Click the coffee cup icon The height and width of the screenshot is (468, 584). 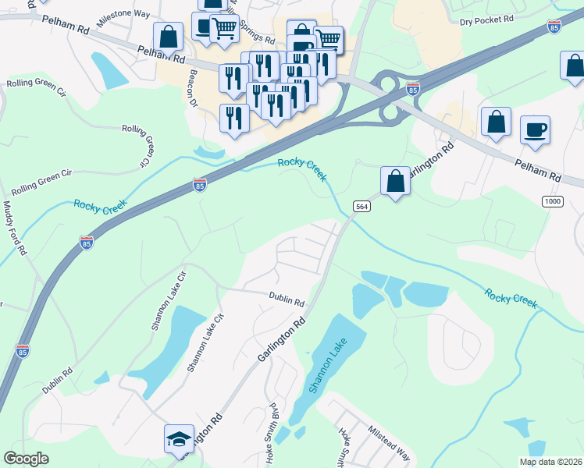coord(535,129)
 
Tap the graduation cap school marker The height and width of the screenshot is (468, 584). coord(179,439)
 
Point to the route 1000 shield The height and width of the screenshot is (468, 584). coord(553,201)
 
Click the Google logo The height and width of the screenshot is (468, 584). coord(26,459)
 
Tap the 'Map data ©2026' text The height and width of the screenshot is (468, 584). coord(550,462)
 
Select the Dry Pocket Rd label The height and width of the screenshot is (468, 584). coord(486,18)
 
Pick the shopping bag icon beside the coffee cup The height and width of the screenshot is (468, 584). coord(496,122)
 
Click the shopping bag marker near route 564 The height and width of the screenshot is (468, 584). coord(396,181)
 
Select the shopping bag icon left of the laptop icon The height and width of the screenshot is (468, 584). coord(168,36)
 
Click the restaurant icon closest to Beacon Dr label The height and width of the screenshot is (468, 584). coord(233,118)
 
